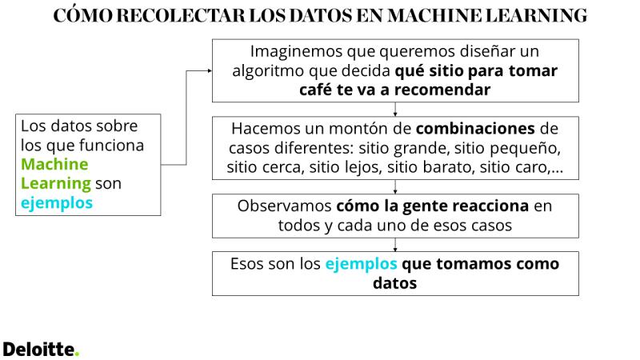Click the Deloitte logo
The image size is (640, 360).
coord(41,350)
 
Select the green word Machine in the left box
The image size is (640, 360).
coord(54,164)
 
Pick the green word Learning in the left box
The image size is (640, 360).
coord(56,184)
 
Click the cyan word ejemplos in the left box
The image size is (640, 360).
coord(57,203)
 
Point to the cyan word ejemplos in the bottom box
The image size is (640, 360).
coord(362,264)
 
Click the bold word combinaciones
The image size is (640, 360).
coord(475,129)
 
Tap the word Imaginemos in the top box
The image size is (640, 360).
coord(296,52)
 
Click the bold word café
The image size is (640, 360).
coord(315,90)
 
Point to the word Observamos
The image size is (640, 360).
coord(285,206)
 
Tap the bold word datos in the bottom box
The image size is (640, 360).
coord(394,283)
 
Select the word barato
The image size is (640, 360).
coord(449,167)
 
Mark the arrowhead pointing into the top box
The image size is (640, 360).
coord(210,70)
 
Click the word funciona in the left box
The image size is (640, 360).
coord(111,146)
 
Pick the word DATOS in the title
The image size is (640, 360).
coord(321,15)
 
